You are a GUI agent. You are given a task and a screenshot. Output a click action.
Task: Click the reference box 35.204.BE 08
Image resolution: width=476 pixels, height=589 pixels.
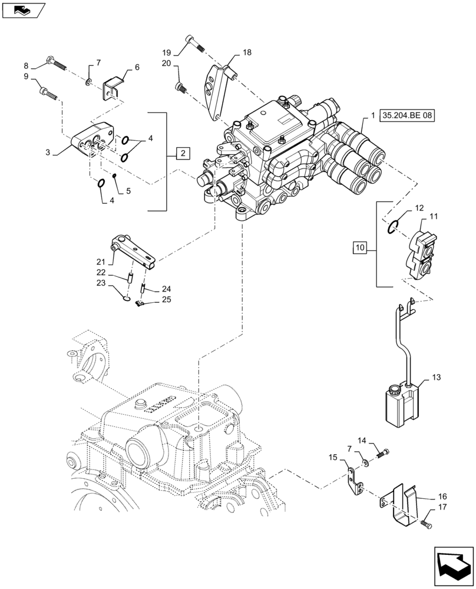(x=407, y=116)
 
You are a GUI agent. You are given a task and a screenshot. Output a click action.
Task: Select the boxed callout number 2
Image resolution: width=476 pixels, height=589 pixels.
(x=183, y=154)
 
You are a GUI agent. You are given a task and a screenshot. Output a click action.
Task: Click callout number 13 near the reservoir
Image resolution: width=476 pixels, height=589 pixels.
(x=436, y=376)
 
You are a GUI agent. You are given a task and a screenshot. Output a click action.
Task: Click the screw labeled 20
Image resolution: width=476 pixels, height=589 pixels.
(x=180, y=88)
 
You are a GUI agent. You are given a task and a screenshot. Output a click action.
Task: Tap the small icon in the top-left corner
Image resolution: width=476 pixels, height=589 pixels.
(x=24, y=9)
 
